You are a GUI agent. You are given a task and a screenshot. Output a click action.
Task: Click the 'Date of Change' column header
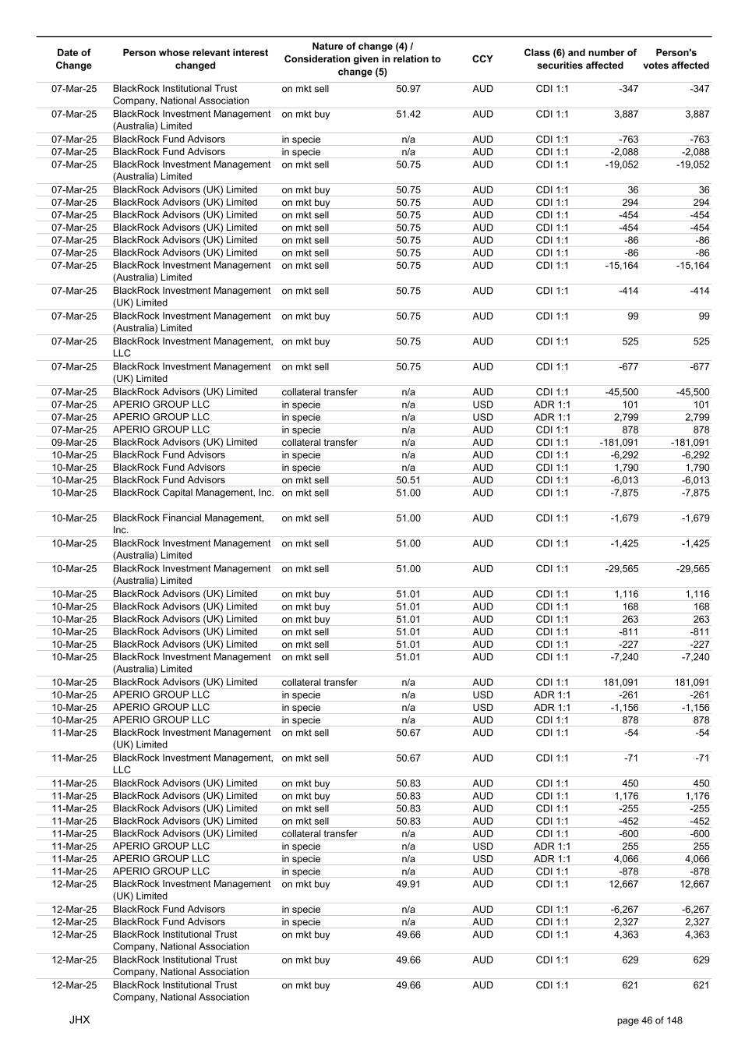tap(74, 59)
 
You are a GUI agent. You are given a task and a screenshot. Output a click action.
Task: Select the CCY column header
tap(482, 59)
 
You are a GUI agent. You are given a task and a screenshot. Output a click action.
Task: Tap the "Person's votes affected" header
tap(676, 59)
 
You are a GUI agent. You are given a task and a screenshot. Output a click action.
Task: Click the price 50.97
tap(408, 89)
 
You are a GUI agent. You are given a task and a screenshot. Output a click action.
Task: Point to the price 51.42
tap(408, 115)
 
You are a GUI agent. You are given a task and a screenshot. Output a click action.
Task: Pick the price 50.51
tap(408, 480)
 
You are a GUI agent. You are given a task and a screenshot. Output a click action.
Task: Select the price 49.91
tap(408, 885)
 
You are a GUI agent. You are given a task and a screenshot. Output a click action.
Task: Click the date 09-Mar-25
tap(74, 443)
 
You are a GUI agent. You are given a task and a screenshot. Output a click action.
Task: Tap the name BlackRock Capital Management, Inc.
tap(193, 493)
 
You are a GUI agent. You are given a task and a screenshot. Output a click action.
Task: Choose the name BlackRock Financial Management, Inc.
tap(189, 524)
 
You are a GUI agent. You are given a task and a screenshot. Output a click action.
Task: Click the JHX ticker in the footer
tap(79, 1020)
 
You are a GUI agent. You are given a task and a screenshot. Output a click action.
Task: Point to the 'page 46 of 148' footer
tap(649, 1020)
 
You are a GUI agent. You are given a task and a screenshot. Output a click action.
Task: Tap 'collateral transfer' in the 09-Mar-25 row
tap(320, 443)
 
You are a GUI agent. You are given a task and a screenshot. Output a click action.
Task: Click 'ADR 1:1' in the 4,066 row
tap(552, 859)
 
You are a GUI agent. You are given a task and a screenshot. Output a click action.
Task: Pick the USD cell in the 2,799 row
tap(482, 417)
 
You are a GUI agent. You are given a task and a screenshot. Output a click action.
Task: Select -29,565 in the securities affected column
tap(621, 569)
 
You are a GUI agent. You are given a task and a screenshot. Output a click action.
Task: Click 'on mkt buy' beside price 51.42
tap(305, 115)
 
